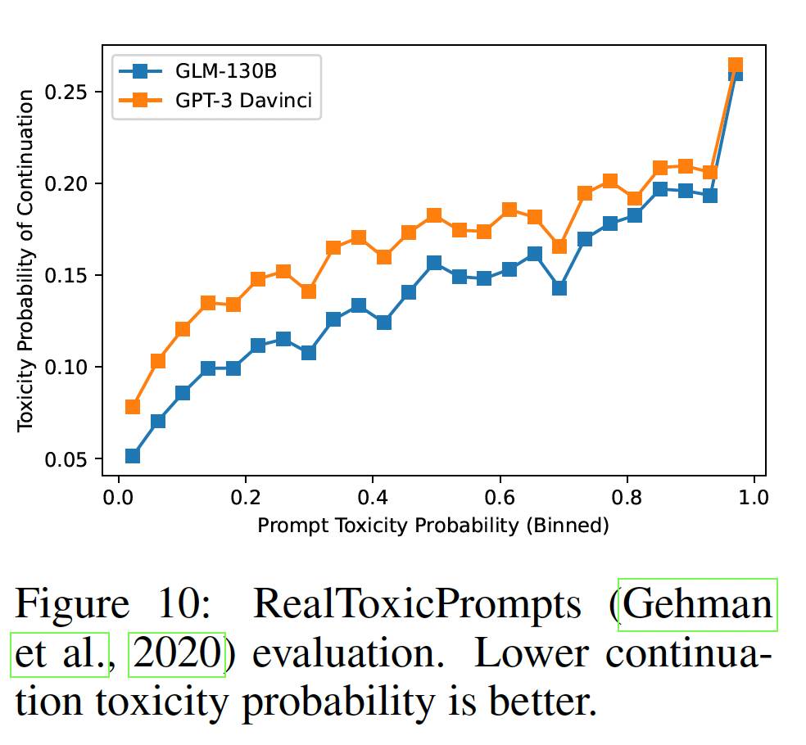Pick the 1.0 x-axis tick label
[754, 497]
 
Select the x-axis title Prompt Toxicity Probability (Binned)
[433, 525]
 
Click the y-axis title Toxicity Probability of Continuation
[26, 260]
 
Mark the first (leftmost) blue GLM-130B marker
[133, 455]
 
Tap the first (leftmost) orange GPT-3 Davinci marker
[133, 407]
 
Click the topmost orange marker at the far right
[736, 65]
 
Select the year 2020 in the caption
[176, 655]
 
